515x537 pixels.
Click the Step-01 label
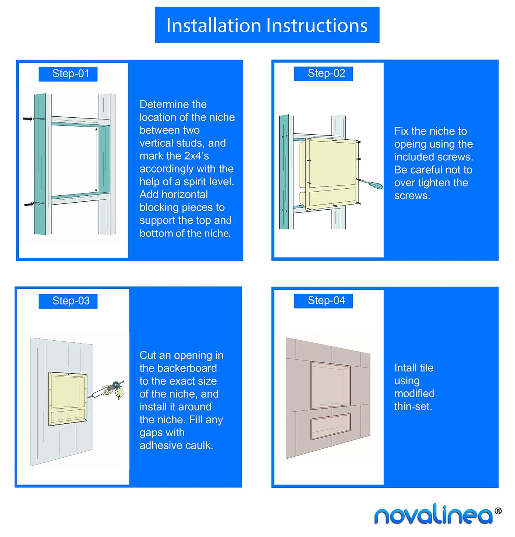coord(68,74)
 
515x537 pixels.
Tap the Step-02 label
coord(323,74)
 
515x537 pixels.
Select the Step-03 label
coord(68,301)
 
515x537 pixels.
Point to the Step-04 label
coord(323,301)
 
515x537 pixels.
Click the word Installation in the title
coord(214,26)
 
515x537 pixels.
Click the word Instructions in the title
coord(317,26)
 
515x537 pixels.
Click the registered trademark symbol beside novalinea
coord(498,511)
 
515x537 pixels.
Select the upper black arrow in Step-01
coord(28,119)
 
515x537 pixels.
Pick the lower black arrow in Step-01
coord(28,205)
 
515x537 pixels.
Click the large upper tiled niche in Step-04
coord(330,385)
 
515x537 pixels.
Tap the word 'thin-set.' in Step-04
coord(413,406)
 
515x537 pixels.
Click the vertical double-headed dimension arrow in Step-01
coord(96,160)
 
